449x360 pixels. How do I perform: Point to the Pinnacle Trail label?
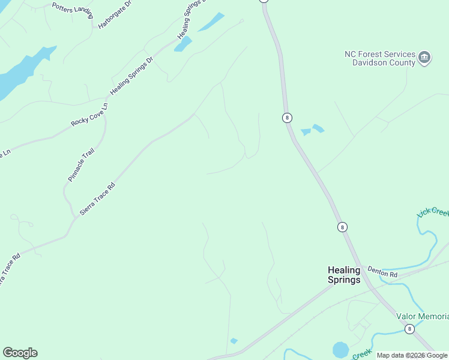(81, 165)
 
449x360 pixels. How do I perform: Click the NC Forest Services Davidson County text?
(380, 58)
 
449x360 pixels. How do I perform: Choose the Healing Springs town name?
(344, 275)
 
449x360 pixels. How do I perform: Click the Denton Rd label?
(383, 272)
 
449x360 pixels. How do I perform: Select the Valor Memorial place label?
(422, 316)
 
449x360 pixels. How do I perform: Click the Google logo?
(20, 353)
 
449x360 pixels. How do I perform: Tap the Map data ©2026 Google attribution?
(412, 356)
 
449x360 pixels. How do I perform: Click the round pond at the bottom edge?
(340, 349)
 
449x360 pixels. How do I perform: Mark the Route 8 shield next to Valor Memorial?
(409, 329)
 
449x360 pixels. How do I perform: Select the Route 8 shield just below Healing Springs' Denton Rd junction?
(342, 227)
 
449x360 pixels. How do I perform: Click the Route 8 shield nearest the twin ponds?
(288, 118)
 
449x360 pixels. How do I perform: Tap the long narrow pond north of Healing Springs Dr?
(211, 22)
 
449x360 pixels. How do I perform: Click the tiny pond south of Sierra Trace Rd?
(234, 341)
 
